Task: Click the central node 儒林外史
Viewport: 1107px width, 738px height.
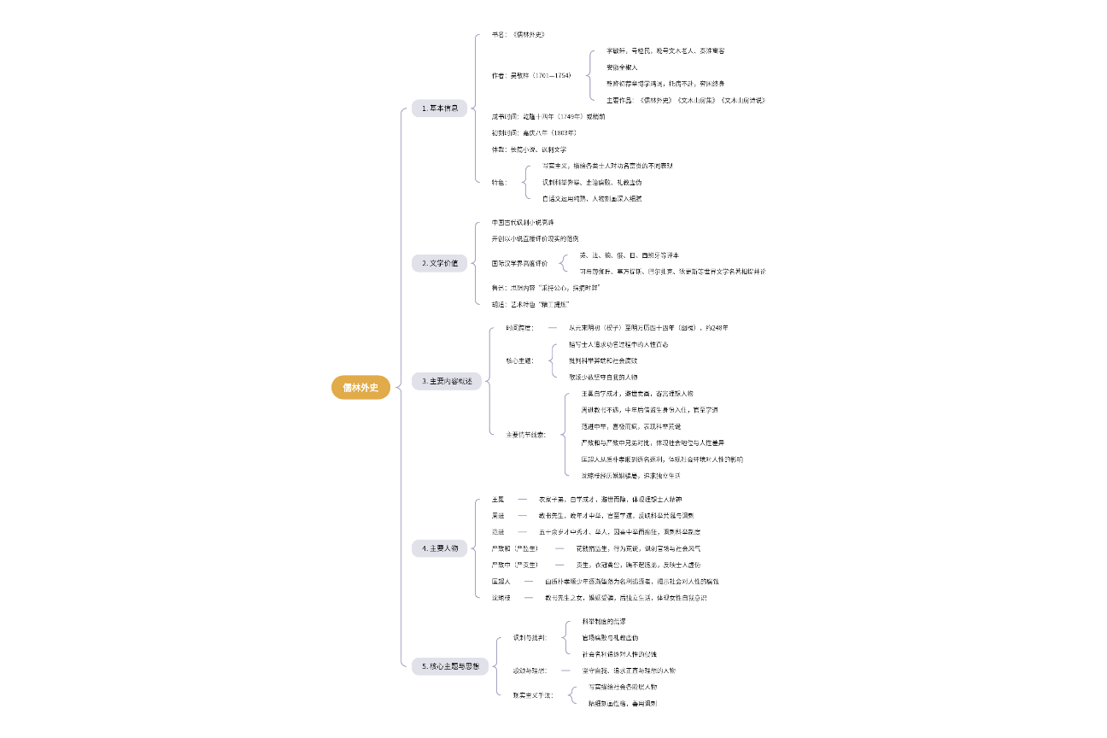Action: click(360, 388)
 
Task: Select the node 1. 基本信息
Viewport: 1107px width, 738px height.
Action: click(440, 108)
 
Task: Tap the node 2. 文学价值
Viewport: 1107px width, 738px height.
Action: click(440, 263)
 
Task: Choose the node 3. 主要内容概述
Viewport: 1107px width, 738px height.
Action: click(446, 380)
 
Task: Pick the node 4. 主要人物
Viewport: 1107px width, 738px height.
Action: click(440, 548)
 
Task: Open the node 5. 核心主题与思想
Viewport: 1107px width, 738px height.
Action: click(450, 665)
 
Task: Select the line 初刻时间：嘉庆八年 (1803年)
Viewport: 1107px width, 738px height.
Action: click(534, 132)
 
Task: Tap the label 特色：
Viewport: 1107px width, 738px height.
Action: click(499, 182)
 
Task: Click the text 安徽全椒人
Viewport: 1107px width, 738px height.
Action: click(622, 67)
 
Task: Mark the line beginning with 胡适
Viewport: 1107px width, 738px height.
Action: click(530, 304)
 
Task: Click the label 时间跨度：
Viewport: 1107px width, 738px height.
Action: click(519, 327)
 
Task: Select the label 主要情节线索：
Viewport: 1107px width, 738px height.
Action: click(525, 435)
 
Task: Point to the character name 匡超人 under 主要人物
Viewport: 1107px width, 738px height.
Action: click(501, 581)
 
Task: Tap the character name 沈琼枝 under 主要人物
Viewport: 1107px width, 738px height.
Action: click(501, 597)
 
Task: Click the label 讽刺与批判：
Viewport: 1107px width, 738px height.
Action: click(530, 637)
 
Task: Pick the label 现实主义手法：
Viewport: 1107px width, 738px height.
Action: click(533, 695)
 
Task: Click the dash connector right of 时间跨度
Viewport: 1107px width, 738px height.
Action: click(553, 327)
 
